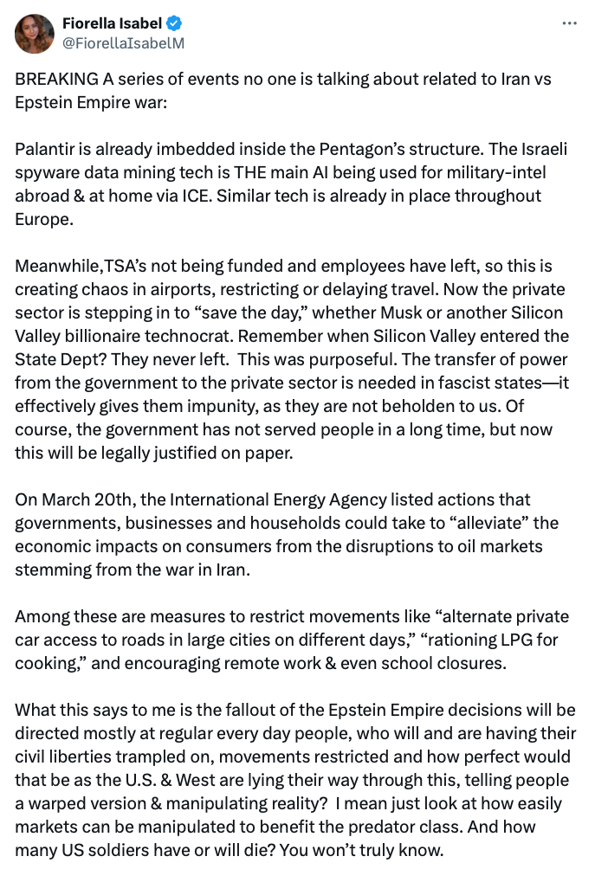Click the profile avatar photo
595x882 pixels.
click(36, 33)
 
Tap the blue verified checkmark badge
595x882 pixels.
click(173, 23)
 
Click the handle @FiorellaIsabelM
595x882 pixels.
click(123, 42)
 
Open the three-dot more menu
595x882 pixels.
click(569, 24)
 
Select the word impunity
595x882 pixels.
click(217, 405)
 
